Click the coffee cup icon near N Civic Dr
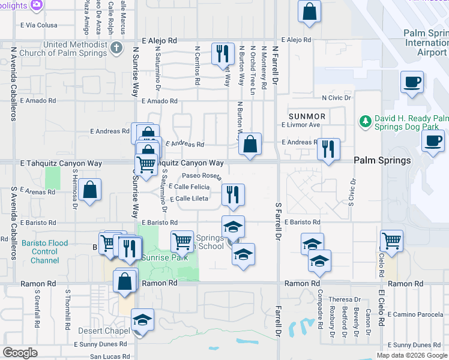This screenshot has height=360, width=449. [x=412, y=82]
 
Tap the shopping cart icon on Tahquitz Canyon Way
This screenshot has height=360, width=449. [x=146, y=163]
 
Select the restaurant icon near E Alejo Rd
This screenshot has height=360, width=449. [x=223, y=53]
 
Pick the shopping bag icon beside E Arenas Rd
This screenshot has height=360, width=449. [x=89, y=190]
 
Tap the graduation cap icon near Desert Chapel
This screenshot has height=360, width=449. [x=142, y=319]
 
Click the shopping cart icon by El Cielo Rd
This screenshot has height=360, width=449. [x=391, y=241]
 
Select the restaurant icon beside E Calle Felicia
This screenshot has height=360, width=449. [x=233, y=194]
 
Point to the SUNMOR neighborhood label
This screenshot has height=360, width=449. [x=307, y=116]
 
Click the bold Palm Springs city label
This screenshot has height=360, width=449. [x=382, y=160]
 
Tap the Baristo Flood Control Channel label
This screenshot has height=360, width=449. [x=44, y=252]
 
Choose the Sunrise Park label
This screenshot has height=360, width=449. [x=164, y=257]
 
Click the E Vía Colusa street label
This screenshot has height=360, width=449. [x=39, y=25]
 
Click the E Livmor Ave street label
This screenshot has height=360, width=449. [x=301, y=125]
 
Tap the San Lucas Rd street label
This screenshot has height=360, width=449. [x=109, y=356]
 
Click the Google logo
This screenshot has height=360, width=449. [x=20, y=353]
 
